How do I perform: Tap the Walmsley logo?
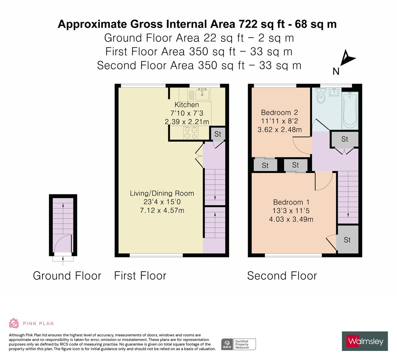click(365, 341)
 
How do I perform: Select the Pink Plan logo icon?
click(14, 323)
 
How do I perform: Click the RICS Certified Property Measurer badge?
click(239, 344)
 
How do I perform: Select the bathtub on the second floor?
click(350, 110)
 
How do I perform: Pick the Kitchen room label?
click(187, 105)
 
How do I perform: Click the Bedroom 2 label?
click(279, 112)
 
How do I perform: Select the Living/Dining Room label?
click(162, 193)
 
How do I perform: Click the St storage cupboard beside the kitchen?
click(218, 134)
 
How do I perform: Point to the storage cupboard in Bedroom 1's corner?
click(347, 240)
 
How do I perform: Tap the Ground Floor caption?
click(67, 276)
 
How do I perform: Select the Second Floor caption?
click(282, 276)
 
